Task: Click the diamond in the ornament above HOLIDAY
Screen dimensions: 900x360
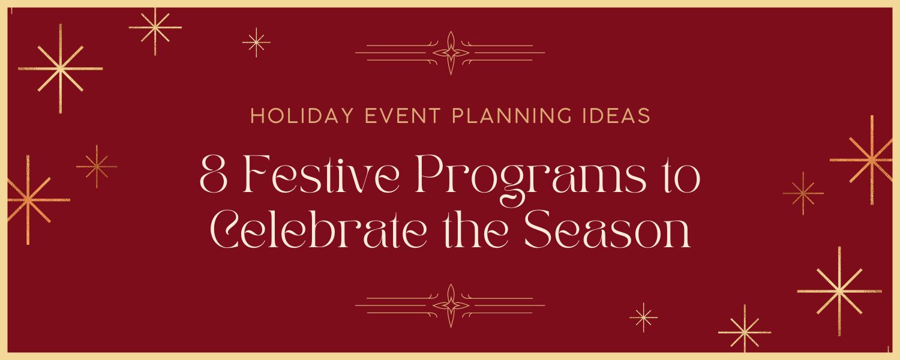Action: click(451, 53)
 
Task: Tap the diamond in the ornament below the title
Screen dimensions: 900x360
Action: click(451, 306)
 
